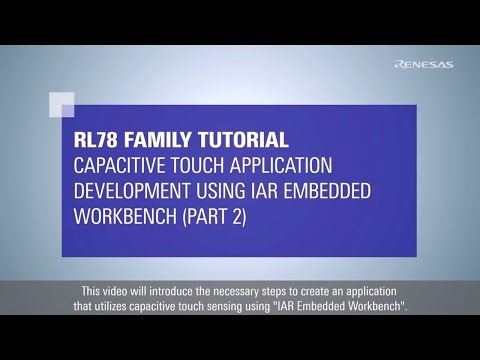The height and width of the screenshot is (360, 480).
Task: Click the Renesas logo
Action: pyautogui.click(x=424, y=65)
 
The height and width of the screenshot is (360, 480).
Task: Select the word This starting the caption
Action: pyautogui.click(x=89, y=291)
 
